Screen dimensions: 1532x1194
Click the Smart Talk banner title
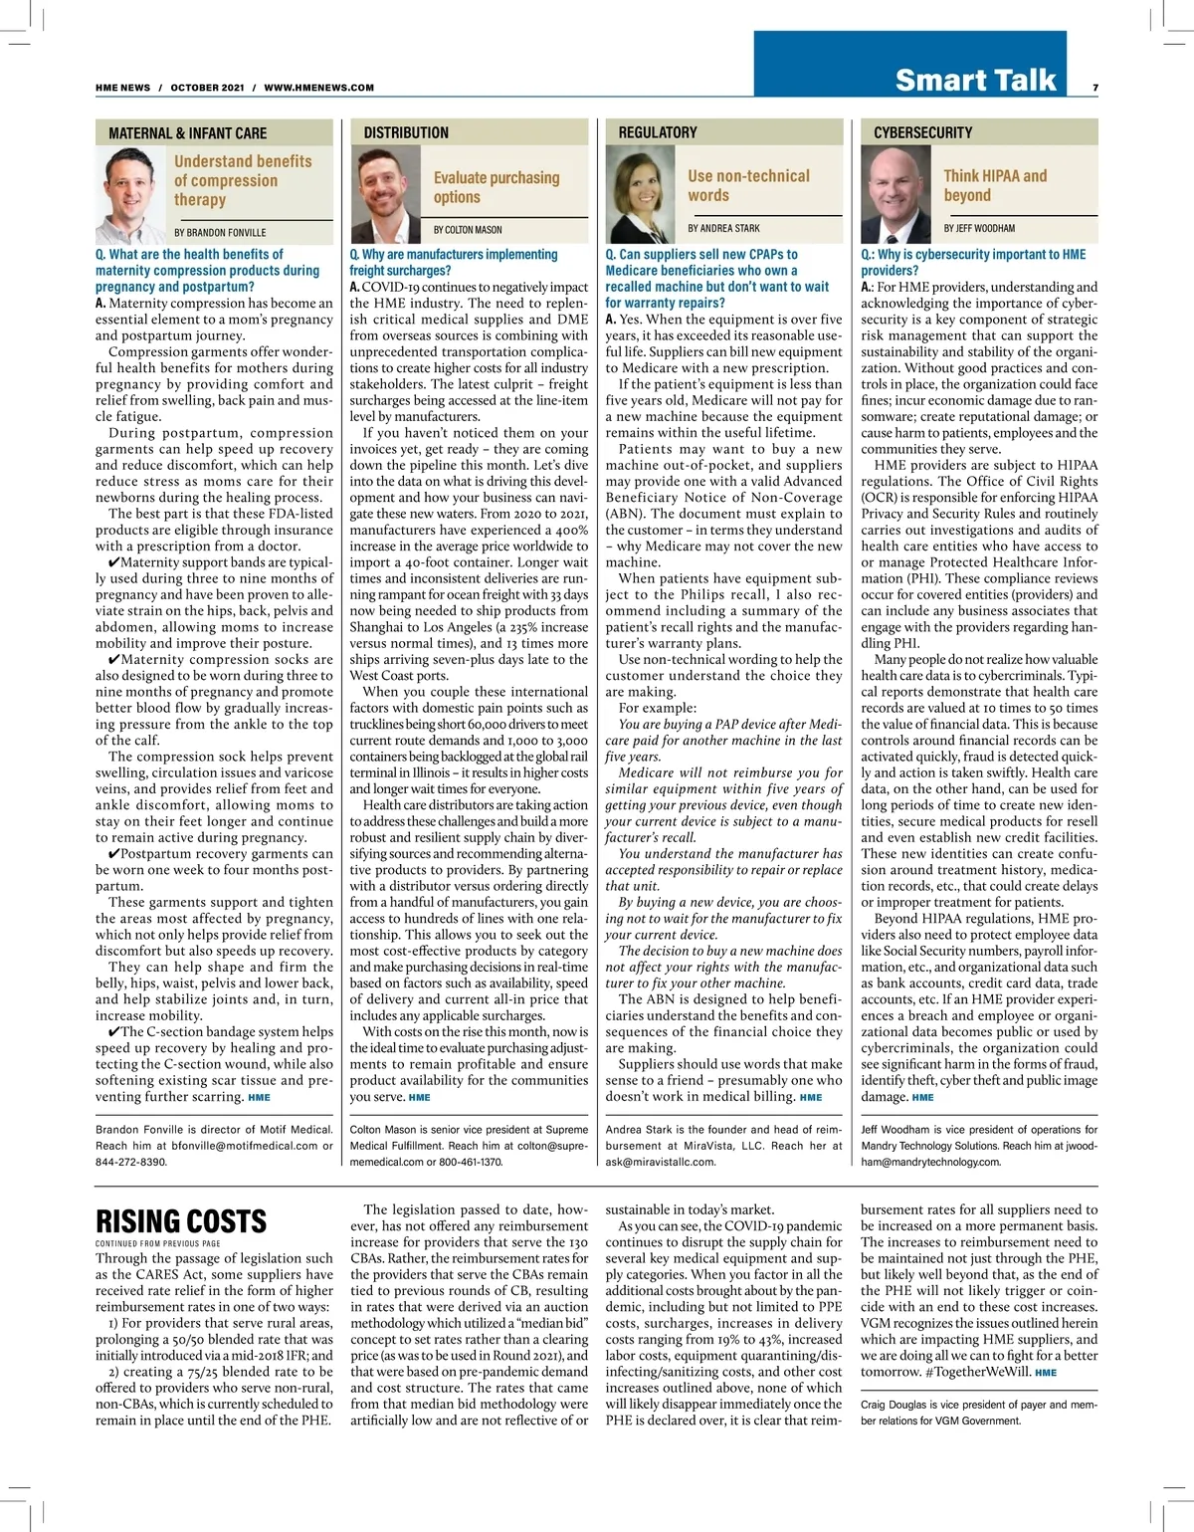click(974, 80)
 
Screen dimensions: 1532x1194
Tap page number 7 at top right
click(1094, 88)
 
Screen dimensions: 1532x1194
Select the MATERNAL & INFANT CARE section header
click(187, 133)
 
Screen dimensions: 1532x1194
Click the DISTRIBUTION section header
click(406, 132)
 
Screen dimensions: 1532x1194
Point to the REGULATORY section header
click(658, 132)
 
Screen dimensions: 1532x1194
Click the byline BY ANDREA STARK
click(723, 229)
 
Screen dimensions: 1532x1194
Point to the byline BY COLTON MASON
click(468, 230)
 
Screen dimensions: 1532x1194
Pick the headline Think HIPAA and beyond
click(995, 185)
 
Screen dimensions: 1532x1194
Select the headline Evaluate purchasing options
click(496, 187)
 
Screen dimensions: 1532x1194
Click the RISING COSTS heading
click(181, 1221)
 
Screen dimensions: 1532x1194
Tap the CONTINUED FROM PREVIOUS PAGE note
click(158, 1243)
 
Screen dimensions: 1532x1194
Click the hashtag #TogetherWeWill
click(980, 1372)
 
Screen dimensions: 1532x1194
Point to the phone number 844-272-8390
click(131, 1162)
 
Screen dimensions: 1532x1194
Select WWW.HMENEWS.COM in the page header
click(319, 88)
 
